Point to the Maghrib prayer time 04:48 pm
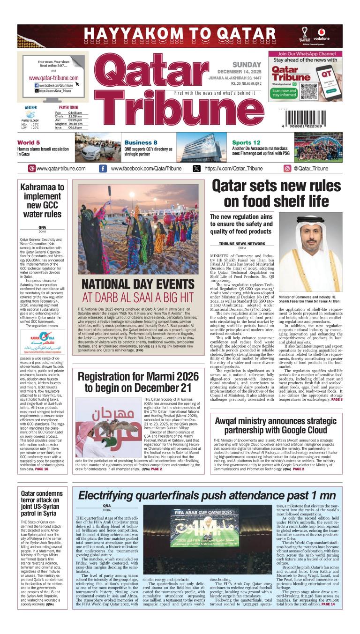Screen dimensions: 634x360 78,124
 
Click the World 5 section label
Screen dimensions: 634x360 29,142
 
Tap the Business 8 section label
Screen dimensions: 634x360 141,142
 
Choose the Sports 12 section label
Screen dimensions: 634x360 246,142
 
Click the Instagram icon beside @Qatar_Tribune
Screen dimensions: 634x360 287,169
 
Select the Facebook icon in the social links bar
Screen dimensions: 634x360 102,169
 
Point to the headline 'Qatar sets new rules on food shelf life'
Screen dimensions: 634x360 276,194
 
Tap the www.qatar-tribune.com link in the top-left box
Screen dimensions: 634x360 53,78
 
